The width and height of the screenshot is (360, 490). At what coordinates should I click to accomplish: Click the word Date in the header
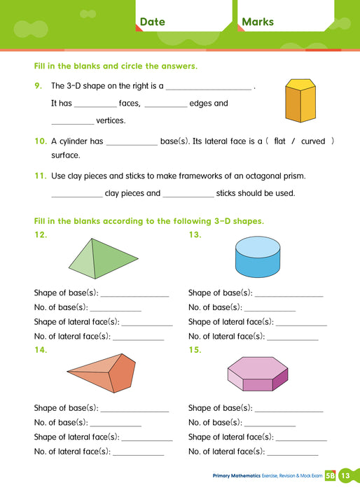tap(152, 22)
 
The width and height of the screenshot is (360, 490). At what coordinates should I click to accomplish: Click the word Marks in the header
tap(257, 22)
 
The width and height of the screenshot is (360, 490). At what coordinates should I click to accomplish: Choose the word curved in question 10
tap(313, 141)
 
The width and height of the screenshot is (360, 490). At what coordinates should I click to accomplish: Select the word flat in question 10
tap(281, 141)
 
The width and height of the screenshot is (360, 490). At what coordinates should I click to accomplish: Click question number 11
tap(40, 175)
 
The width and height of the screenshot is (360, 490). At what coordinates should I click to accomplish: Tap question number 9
tap(38, 86)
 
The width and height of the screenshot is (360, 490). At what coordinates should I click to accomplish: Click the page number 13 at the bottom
tap(345, 476)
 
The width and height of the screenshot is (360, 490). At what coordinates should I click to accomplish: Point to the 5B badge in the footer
tap(330, 476)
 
